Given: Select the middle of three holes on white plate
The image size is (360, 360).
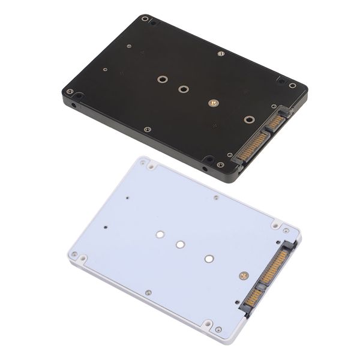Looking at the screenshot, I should [180, 245].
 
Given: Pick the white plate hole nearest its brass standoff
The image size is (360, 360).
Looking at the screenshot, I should [208, 259].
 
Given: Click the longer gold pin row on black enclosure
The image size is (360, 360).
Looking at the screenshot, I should [253, 148].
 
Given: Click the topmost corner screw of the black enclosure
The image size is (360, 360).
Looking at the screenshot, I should [145, 19].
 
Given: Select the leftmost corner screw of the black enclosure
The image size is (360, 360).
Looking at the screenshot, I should [70, 92].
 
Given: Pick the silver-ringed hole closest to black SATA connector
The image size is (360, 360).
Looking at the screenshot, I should [248, 119].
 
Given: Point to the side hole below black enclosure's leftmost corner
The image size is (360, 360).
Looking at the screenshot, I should [74, 106].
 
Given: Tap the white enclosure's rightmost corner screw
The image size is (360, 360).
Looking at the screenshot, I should [287, 231].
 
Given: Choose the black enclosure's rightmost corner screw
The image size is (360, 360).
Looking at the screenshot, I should [292, 86].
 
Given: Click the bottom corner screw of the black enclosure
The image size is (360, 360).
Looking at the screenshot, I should [220, 164].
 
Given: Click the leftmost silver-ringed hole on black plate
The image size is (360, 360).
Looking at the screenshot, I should [161, 79].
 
